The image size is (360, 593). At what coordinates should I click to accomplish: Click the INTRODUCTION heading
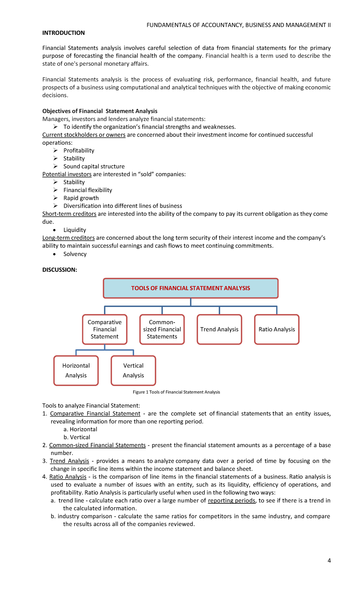(63, 33)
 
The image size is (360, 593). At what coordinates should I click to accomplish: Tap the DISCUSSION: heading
(60, 270)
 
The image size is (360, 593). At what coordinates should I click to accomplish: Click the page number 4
(329, 561)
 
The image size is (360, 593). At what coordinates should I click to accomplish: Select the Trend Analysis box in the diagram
(219, 330)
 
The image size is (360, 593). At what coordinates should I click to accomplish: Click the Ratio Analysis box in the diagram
(277, 330)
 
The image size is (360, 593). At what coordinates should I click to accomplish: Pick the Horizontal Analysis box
(76, 371)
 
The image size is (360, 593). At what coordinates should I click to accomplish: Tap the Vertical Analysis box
(133, 371)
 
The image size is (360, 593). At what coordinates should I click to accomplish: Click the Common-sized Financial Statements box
(162, 330)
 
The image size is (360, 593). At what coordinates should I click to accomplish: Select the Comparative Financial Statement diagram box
(105, 330)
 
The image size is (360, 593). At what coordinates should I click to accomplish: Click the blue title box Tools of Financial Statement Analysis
(190, 288)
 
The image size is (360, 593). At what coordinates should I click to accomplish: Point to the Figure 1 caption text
(176, 392)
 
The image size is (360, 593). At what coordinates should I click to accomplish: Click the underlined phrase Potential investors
(67, 174)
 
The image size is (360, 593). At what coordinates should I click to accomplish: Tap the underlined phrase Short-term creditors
(69, 214)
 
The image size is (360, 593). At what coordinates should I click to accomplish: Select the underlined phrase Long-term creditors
(68, 238)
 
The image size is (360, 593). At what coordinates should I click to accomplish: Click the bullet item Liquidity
(75, 230)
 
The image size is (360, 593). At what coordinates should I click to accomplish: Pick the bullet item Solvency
(75, 254)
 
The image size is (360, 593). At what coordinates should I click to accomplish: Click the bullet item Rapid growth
(81, 198)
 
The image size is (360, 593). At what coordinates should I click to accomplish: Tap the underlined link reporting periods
(232, 501)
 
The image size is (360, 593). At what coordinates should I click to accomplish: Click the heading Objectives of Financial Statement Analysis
(100, 111)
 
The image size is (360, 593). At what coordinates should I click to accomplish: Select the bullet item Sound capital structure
(94, 167)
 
